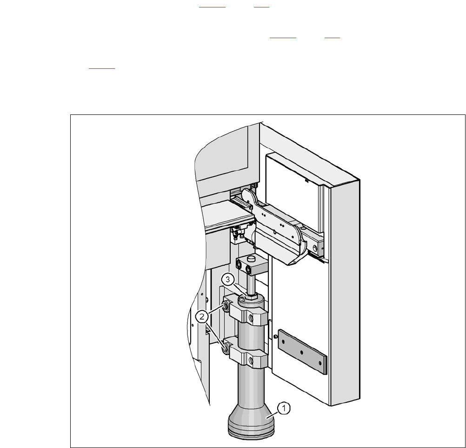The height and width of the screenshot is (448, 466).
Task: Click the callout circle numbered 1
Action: click(284, 408)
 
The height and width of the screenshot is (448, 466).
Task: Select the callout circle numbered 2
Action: click(202, 317)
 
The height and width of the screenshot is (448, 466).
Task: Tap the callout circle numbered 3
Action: click(228, 280)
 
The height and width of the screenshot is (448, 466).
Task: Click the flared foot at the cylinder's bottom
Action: click(251, 421)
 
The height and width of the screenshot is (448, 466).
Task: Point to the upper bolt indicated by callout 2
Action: click(226, 306)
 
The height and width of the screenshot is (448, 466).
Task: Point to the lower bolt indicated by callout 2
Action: click(225, 348)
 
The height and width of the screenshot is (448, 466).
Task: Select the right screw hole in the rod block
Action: click(247, 270)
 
